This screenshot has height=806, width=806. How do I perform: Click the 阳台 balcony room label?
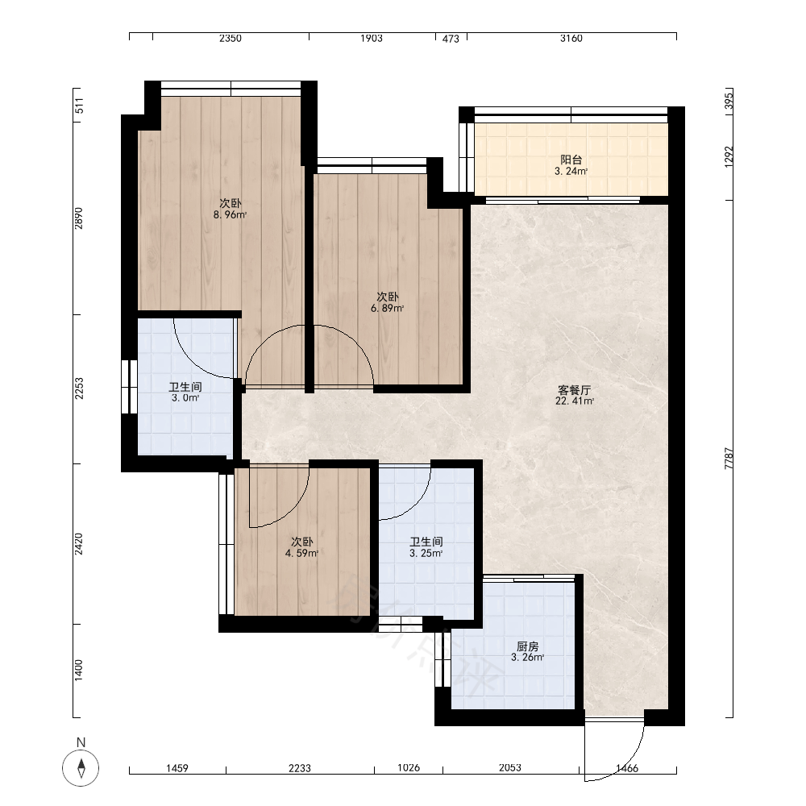pos(571,160)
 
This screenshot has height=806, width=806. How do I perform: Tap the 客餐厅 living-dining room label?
pos(574,390)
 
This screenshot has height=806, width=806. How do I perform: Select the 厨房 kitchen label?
pos(527,646)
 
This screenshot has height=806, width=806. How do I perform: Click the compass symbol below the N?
pos(81,768)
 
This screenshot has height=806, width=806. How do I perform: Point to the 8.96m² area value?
pos(230,215)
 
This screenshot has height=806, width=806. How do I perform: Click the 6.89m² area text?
pos(387,309)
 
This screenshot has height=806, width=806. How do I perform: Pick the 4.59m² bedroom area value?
pos(301,554)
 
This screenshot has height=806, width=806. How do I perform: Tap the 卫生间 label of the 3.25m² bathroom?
pos(426,542)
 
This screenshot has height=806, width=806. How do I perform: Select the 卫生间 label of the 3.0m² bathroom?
pos(185,387)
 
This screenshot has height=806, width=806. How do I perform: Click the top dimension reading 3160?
pos(571,38)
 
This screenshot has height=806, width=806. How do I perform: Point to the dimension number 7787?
pos(729,458)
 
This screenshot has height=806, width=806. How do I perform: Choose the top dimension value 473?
pos(451,39)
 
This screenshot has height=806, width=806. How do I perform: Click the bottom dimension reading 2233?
pos(300,768)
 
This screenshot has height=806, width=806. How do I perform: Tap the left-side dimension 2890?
pos(78,218)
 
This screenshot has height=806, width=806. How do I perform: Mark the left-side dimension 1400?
pos(78,671)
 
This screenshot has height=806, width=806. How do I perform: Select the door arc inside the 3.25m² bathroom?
pos(418,505)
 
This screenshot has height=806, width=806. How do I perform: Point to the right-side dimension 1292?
pos(729,157)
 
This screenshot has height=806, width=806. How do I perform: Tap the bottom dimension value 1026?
pos(409,767)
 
